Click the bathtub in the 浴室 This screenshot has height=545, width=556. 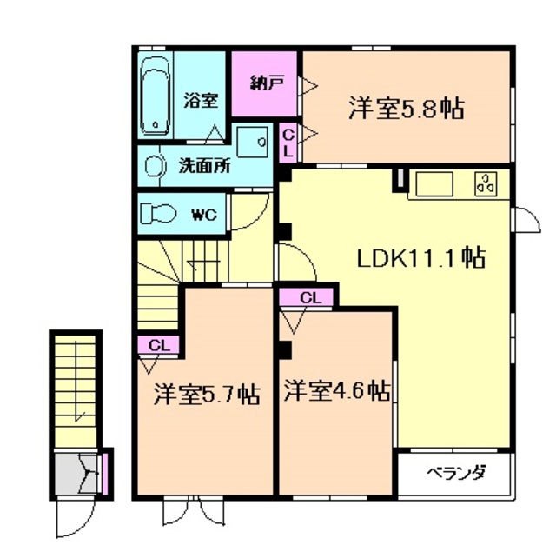click(156, 95)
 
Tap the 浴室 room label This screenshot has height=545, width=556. click(200, 100)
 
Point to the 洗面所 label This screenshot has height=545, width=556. click(204, 166)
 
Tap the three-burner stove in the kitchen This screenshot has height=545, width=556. click(485, 184)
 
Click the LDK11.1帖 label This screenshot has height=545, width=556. click(421, 257)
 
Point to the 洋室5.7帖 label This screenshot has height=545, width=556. click(206, 392)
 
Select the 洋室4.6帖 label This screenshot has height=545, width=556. click(335, 392)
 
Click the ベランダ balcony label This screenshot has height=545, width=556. click(455, 474)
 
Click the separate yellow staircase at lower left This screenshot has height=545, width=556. click(75, 391)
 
